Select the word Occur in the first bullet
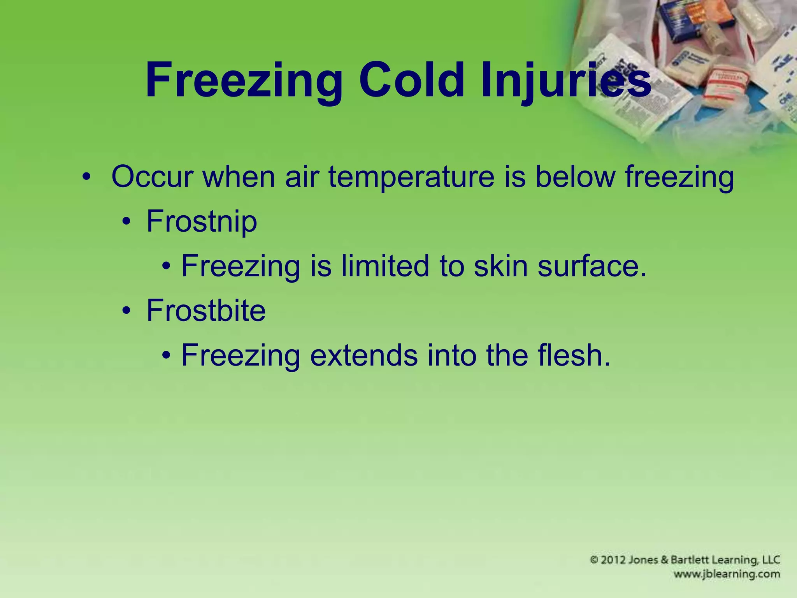click(x=152, y=177)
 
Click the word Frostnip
click(x=202, y=222)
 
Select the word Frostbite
click(x=206, y=311)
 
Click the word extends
click(x=363, y=355)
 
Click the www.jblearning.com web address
click(x=727, y=574)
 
